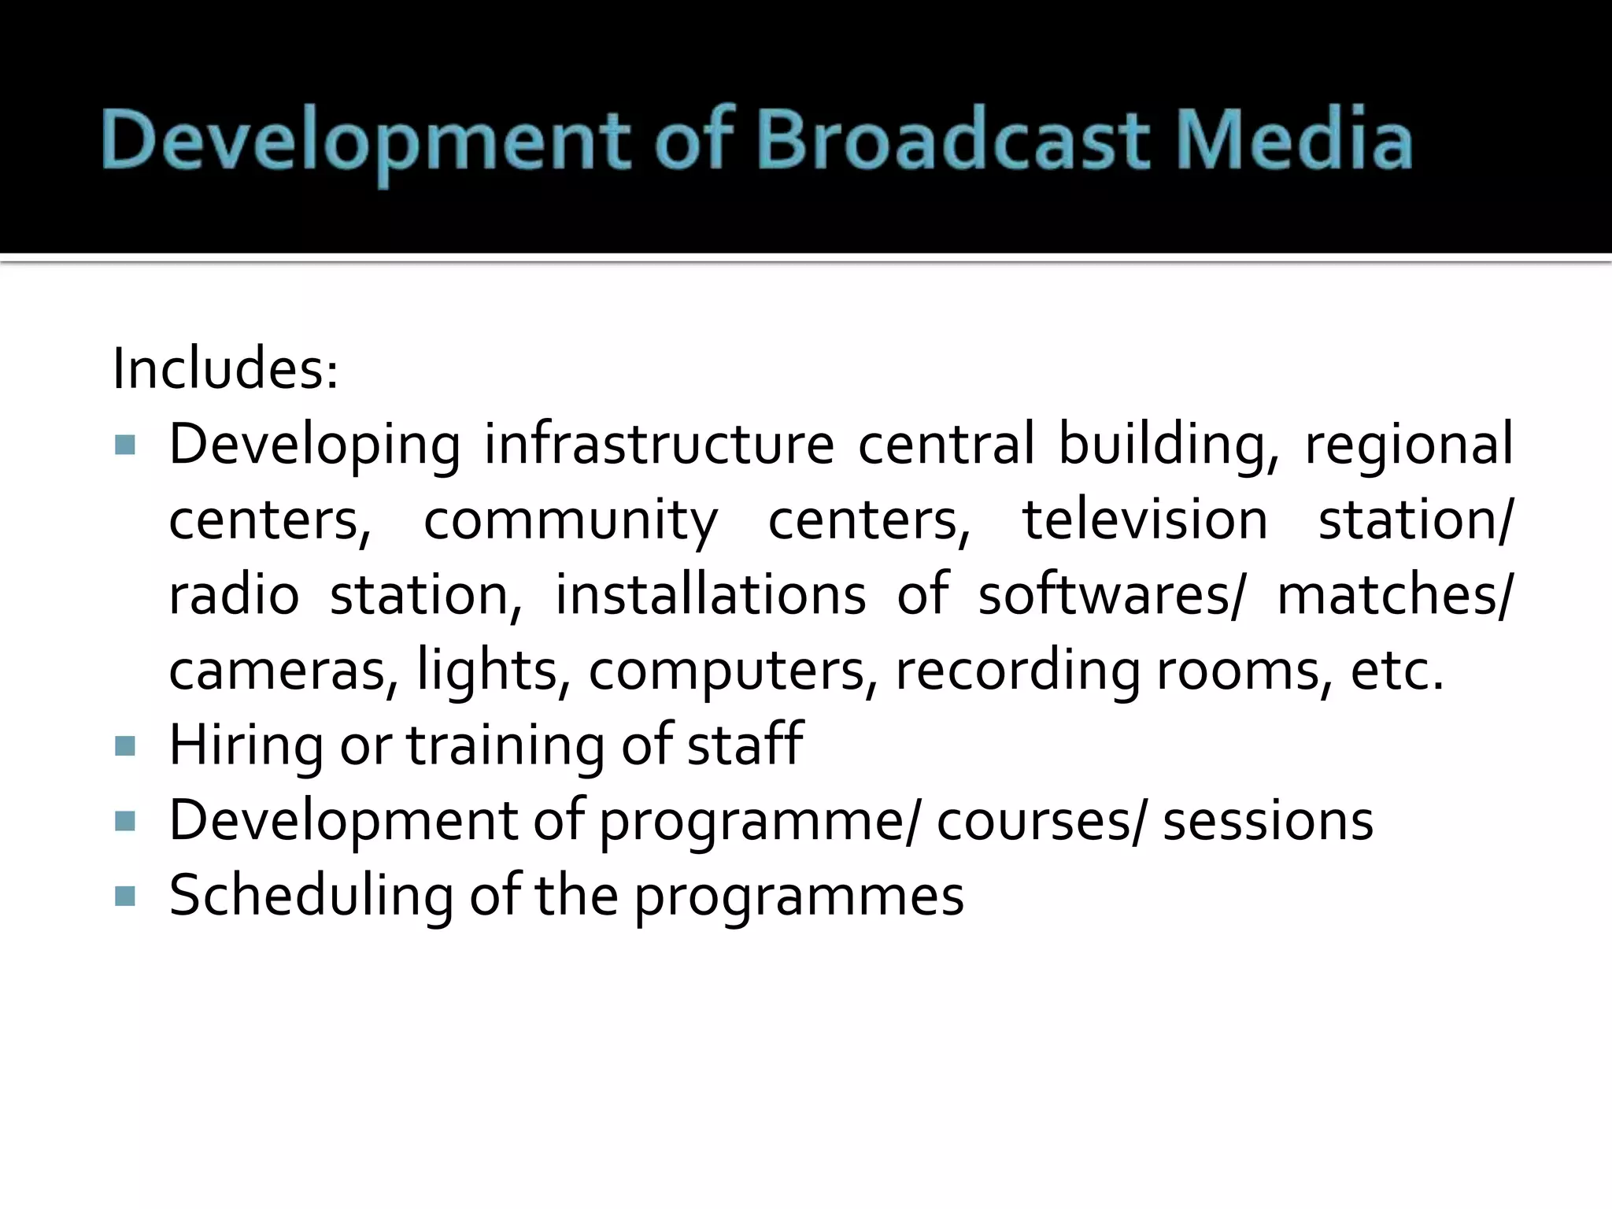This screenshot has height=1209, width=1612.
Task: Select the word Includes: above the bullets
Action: [225, 369]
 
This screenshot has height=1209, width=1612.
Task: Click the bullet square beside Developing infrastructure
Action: [125, 446]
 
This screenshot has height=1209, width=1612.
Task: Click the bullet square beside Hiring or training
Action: [125, 745]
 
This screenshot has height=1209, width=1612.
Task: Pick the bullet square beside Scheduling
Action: [125, 896]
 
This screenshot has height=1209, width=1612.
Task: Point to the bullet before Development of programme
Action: [125, 821]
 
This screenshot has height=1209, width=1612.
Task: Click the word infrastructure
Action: [659, 444]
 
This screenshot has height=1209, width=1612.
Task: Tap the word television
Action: [1145, 519]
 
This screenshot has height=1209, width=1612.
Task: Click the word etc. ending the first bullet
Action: [1398, 671]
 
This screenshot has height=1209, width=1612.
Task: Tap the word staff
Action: [745, 744]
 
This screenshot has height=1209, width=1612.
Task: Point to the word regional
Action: [1409, 446]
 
